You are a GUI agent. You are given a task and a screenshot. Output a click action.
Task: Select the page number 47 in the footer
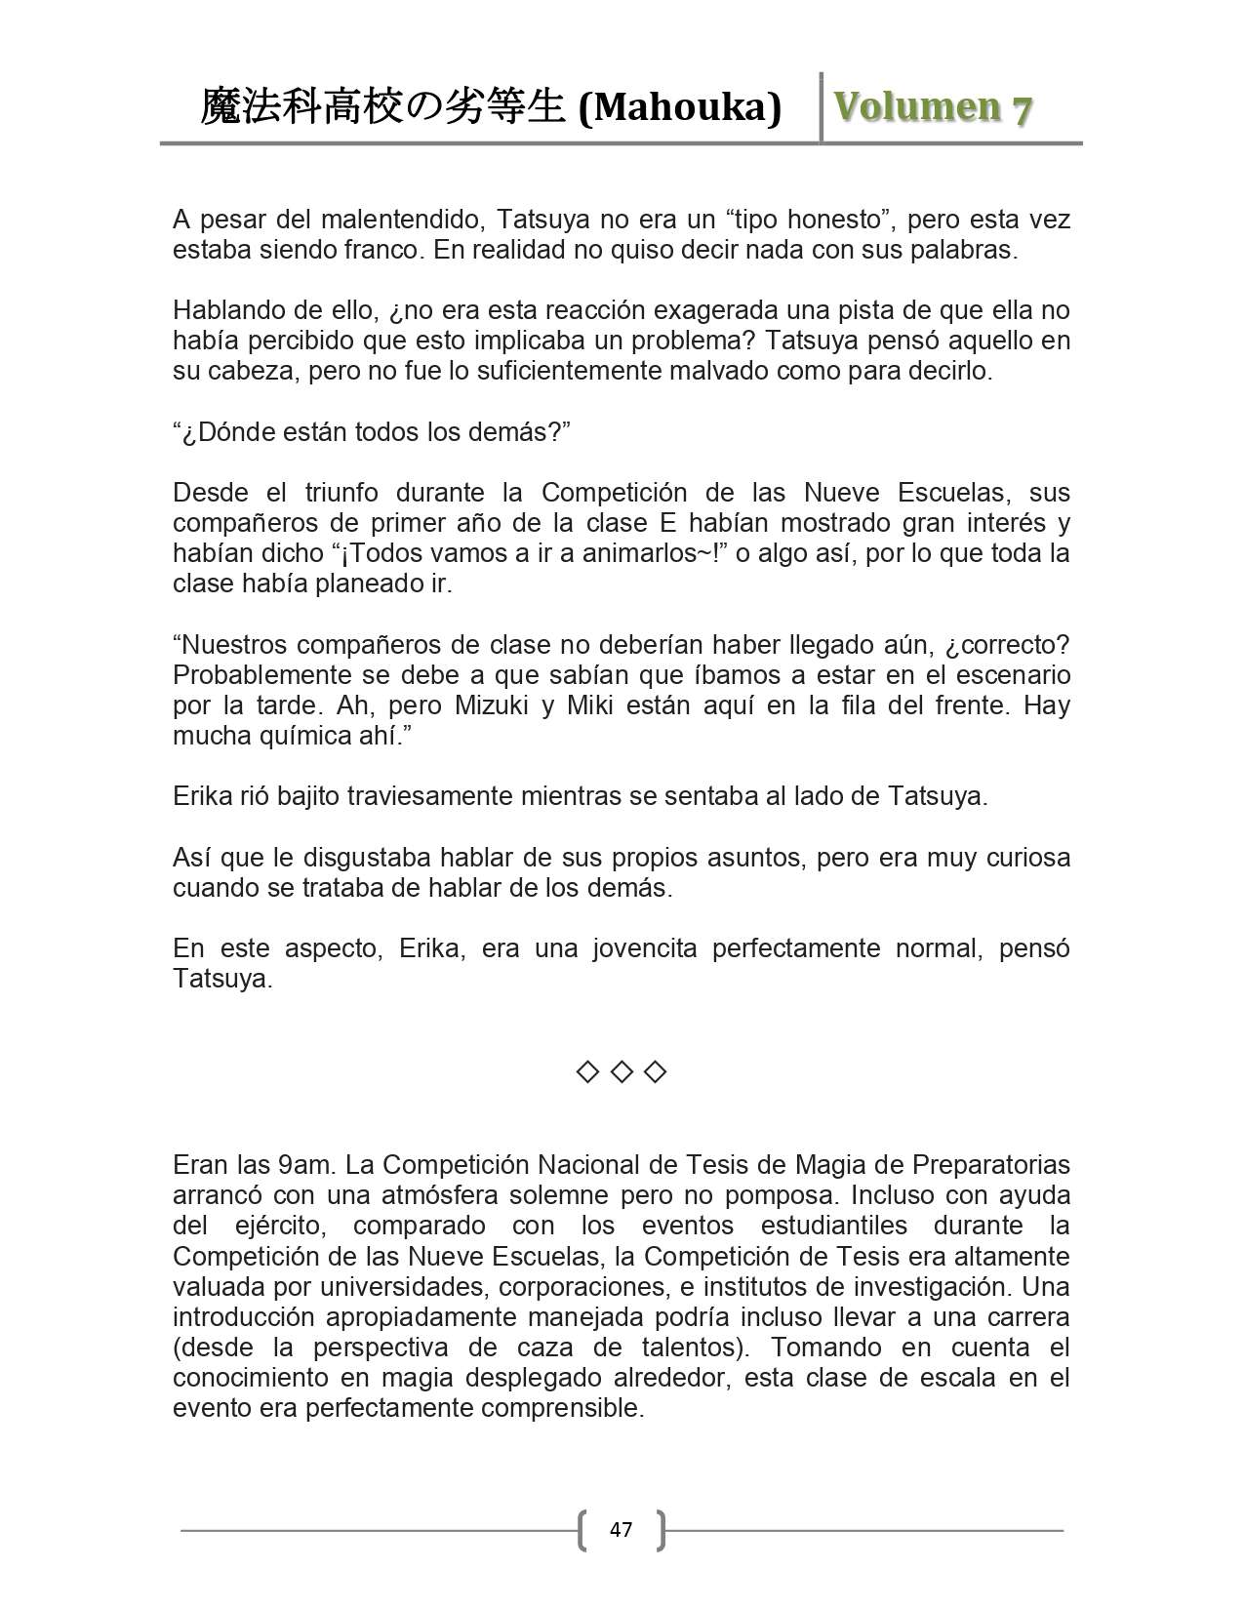tap(621, 1529)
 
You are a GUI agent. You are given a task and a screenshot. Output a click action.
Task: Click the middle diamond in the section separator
tap(621, 1072)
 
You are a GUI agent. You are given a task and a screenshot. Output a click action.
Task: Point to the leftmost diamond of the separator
tap(586, 1072)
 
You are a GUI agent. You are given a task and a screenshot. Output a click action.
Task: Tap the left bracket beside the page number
tap(583, 1529)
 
